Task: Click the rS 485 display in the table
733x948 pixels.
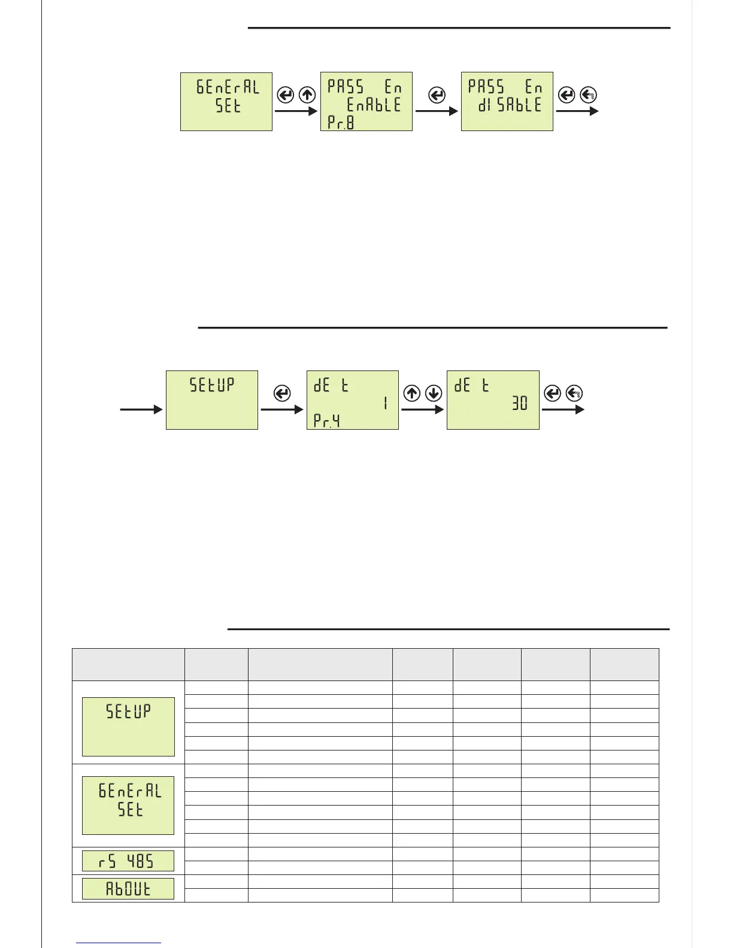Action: (x=128, y=861)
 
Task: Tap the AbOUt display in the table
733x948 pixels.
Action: (x=128, y=889)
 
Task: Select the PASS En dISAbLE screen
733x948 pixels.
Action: (x=507, y=101)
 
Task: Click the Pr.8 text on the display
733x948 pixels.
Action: (x=341, y=123)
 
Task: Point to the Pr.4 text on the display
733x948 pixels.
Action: (x=327, y=421)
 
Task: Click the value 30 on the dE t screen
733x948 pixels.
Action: (x=520, y=404)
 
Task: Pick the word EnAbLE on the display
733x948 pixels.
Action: (x=374, y=105)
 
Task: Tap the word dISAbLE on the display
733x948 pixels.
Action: (x=510, y=105)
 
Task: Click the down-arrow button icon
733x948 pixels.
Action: (x=433, y=393)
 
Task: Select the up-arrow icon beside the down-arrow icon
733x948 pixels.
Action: (x=412, y=393)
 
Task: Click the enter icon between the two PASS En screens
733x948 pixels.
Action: (x=437, y=95)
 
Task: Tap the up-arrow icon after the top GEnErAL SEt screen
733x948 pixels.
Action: (x=307, y=95)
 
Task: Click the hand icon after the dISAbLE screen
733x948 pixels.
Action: (x=589, y=95)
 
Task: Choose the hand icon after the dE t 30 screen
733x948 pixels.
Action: (x=574, y=393)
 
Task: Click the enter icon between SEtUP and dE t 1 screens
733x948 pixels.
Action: (x=281, y=393)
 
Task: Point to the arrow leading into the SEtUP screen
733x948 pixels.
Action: (x=141, y=409)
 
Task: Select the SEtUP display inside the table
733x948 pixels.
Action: (x=128, y=727)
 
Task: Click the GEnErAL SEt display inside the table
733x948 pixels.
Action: (x=128, y=806)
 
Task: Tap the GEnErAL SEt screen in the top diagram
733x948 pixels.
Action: (x=226, y=101)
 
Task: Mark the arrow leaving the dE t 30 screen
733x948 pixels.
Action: (x=563, y=409)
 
